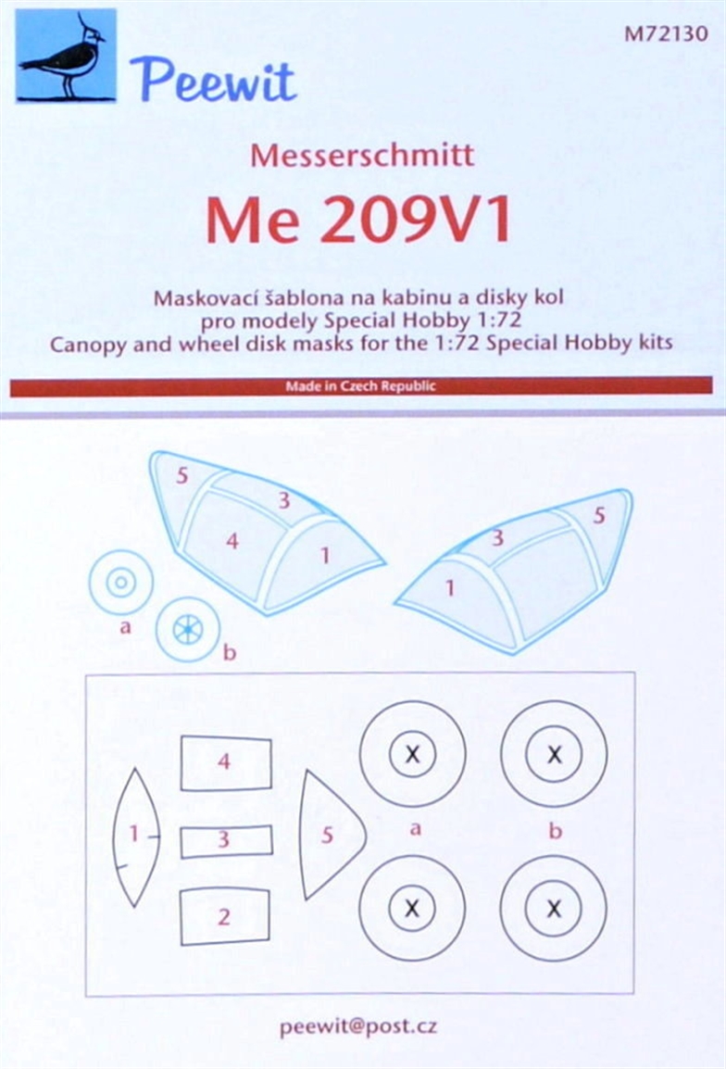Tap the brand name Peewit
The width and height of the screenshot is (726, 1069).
tap(213, 82)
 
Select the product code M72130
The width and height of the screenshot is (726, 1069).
tap(666, 33)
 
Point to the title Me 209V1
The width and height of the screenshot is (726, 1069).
tap(358, 221)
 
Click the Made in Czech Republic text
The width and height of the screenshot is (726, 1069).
tap(360, 386)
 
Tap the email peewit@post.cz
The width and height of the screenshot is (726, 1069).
tap(358, 1027)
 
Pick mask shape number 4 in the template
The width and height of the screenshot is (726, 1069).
tap(226, 763)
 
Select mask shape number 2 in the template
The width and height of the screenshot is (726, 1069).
tap(225, 916)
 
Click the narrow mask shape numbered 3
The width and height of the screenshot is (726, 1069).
tap(226, 840)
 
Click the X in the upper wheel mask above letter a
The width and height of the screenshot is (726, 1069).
tap(412, 754)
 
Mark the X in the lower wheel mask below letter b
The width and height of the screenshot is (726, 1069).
tap(554, 908)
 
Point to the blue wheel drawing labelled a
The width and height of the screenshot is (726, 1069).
tap(121, 583)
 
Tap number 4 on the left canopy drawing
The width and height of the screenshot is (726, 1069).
tap(232, 541)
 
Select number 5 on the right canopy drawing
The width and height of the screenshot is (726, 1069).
tap(599, 515)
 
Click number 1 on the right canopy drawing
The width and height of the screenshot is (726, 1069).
tap(450, 587)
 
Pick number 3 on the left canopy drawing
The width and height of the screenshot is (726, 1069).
tap(284, 500)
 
